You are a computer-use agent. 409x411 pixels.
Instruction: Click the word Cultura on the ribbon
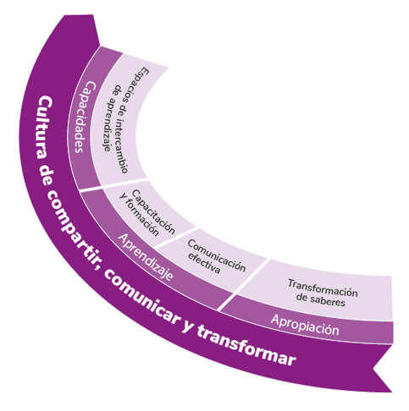(x=44, y=128)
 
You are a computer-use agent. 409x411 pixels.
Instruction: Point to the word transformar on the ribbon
(x=246, y=346)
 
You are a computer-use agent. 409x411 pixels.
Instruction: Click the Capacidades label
(x=85, y=117)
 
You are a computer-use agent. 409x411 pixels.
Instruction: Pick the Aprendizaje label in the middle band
(x=146, y=256)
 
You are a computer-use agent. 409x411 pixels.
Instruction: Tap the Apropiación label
(x=305, y=325)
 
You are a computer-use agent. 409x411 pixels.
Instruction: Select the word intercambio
(x=122, y=145)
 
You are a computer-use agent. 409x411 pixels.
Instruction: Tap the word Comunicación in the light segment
(x=217, y=255)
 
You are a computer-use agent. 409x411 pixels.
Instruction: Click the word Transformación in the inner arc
(x=323, y=288)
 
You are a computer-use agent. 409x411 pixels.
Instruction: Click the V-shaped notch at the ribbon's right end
(x=373, y=368)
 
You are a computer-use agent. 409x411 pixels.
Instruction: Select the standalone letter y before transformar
(x=187, y=327)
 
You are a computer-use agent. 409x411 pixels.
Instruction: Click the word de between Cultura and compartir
(x=45, y=175)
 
